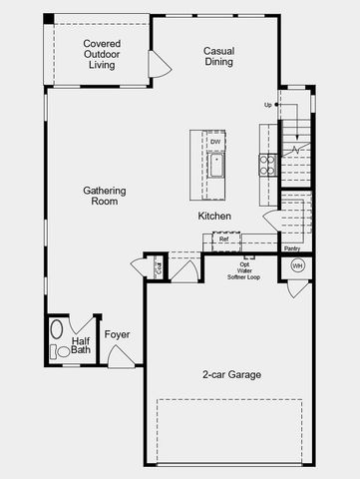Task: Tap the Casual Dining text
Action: click(x=218, y=56)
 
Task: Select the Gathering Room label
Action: click(x=101, y=195)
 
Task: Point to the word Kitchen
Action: click(x=214, y=216)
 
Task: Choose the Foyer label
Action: click(x=118, y=334)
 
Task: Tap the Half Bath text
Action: click(x=81, y=345)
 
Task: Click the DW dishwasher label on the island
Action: click(x=215, y=143)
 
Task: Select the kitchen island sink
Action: click(x=215, y=163)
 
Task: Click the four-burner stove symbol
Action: click(x=267, y=165)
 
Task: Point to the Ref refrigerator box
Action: click(x=223, y=239)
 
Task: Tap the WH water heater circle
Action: click(x=297, y=265)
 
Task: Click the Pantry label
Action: click(x=291, y=248)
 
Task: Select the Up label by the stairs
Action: click(x=268, y=105)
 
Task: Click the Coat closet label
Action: click(x=157, y=267)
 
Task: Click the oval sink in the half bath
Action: click(x=58, y=328)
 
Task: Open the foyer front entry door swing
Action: click(x=120, y=356)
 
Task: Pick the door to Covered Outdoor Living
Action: click(x=159, y=64)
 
